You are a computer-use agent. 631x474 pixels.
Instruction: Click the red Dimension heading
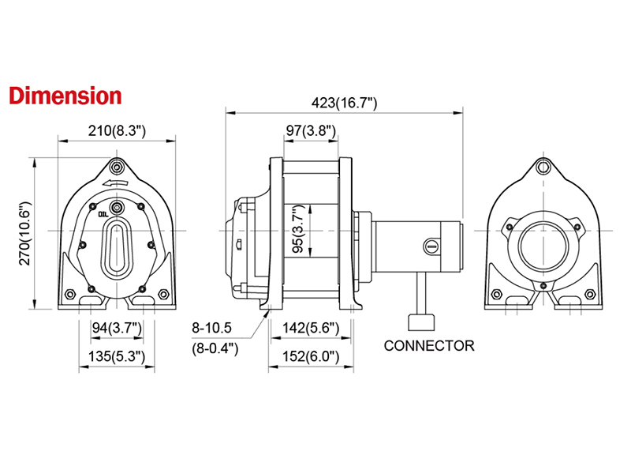pos(65,96)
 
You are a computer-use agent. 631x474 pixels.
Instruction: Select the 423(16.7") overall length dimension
pos(345,103)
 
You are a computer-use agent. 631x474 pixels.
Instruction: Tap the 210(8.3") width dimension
pos(116,131)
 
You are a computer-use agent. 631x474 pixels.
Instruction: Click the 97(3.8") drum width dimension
pos(310,130)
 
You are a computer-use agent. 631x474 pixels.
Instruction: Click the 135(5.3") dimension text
pos(116,356)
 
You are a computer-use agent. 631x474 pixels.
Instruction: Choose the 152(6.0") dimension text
pos(310,356)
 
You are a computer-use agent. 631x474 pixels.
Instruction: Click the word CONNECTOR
pos(429,345)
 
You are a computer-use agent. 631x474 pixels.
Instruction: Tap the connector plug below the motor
pos(421,320)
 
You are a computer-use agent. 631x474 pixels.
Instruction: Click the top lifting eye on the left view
pos(117,167)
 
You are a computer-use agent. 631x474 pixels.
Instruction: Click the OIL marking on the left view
pos(103,213)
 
